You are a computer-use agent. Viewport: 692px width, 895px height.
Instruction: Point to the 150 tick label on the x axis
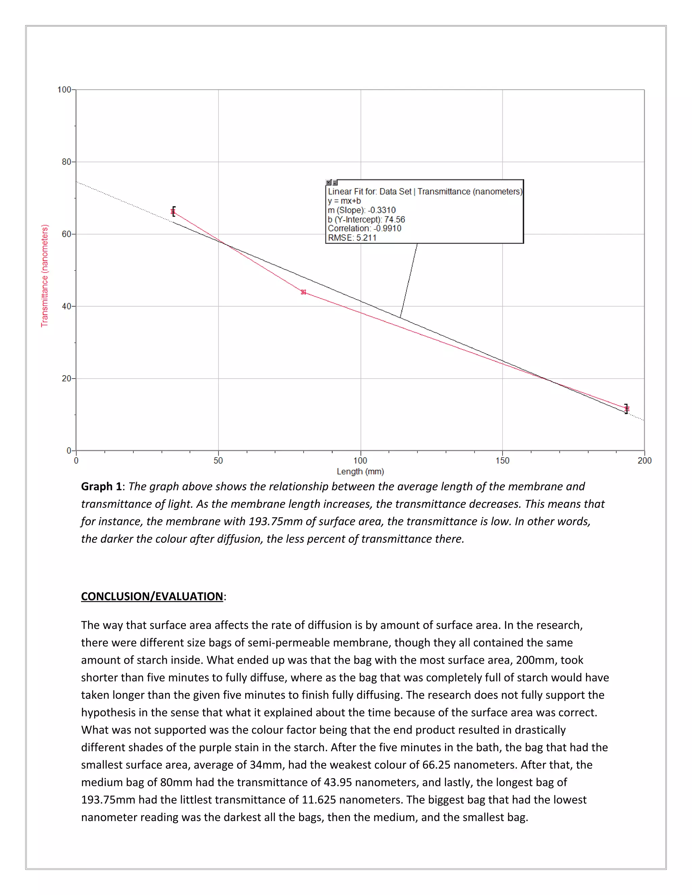[x=502, y=461]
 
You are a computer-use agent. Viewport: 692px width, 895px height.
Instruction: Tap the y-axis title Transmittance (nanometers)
[x=45, y=275]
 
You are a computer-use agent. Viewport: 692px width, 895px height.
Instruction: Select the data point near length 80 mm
[x=303, y=292]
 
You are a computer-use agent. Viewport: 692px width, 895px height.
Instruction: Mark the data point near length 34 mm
[x=173, y=212]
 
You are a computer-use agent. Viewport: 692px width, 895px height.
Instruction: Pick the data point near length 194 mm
[x=626, y=409]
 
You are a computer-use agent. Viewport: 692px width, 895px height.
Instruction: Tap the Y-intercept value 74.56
[x=394, y=220]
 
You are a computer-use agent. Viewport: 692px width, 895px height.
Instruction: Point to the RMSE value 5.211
[x=366, y=238]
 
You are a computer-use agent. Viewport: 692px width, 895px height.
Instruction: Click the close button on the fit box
[x=328, y=182]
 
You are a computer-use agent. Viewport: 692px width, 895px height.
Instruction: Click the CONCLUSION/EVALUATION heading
[x=152, y=596]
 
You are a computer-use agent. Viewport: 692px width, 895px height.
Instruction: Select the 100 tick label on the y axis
[x=64, y=90]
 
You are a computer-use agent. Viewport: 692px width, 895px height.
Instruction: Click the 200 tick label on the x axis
[x=644, y=461]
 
